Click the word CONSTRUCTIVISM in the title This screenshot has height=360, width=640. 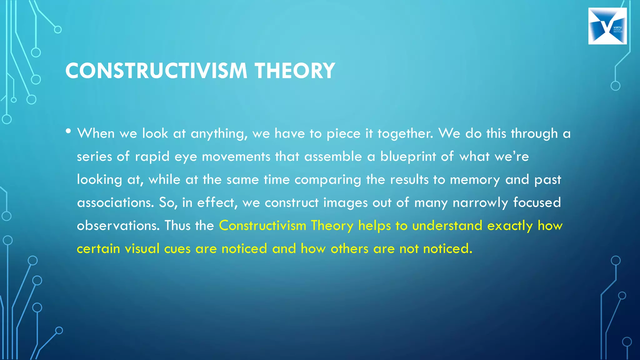coord(156,71)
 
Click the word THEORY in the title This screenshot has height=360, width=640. coord(295,71)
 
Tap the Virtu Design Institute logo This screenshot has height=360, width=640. coord(607,26)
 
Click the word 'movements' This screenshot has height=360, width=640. coord(236,156)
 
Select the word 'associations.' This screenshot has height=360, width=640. coord(115,202)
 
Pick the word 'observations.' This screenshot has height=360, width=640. coord(118,226)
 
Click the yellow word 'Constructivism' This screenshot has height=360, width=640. coord(262,226)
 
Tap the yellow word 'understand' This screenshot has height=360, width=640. coord(447,226)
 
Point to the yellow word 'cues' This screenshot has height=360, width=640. coord(177,249)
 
